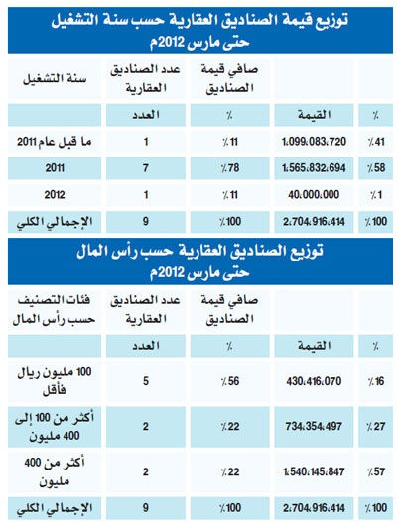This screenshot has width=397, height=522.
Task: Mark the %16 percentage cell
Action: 378,380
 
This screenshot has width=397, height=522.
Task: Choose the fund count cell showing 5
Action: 146,380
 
